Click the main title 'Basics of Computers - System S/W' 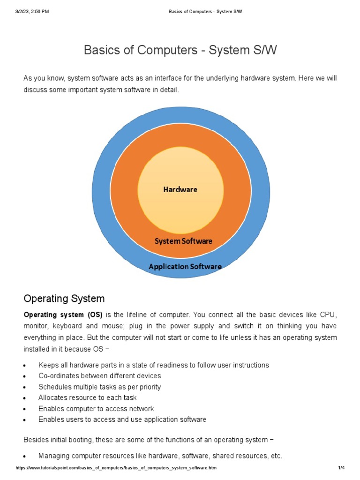(x=180, y=50)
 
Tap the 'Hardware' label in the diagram (x=180, y=189)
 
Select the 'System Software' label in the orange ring (x=183, y=241)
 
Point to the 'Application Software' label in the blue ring (x=185, y=266)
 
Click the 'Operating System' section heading (x=64, y=299)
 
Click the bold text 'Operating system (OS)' (x=63, y=314)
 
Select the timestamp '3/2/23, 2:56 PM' (x=32, y=11)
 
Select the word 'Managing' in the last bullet (x=53, y=456)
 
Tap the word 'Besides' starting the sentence (x=36, y=440)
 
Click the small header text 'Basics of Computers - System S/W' (x=205, y=11)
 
